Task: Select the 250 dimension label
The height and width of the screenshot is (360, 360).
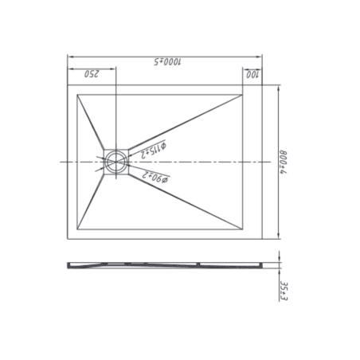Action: pyautogui.click(x=91, y=75)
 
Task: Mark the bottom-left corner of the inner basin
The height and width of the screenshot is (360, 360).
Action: pyautogui.click(x=78, y=229)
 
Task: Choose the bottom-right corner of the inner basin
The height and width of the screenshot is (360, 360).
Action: pyautogui.click(x=241, y=229)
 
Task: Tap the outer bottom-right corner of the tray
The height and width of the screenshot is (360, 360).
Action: pyautogui.click(x=264, y=239)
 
